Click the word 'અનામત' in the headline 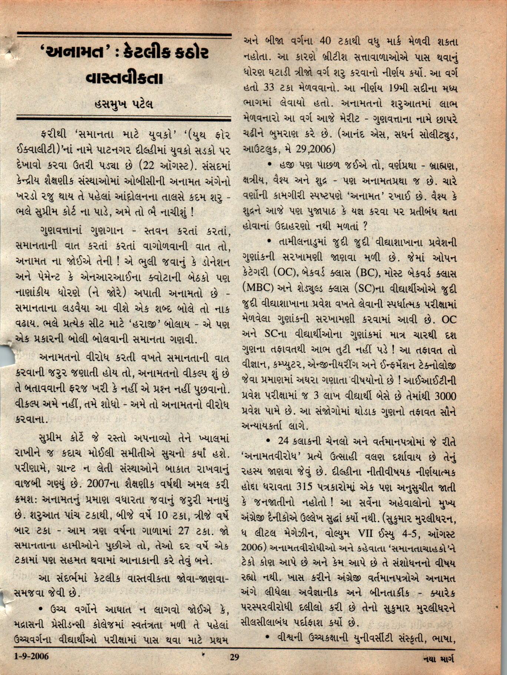pos(73,53)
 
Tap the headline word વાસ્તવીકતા pos(124,79)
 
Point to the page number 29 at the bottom pos(234,657)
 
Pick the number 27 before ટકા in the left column pos(185,531)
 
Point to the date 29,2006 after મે pos(316,149)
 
